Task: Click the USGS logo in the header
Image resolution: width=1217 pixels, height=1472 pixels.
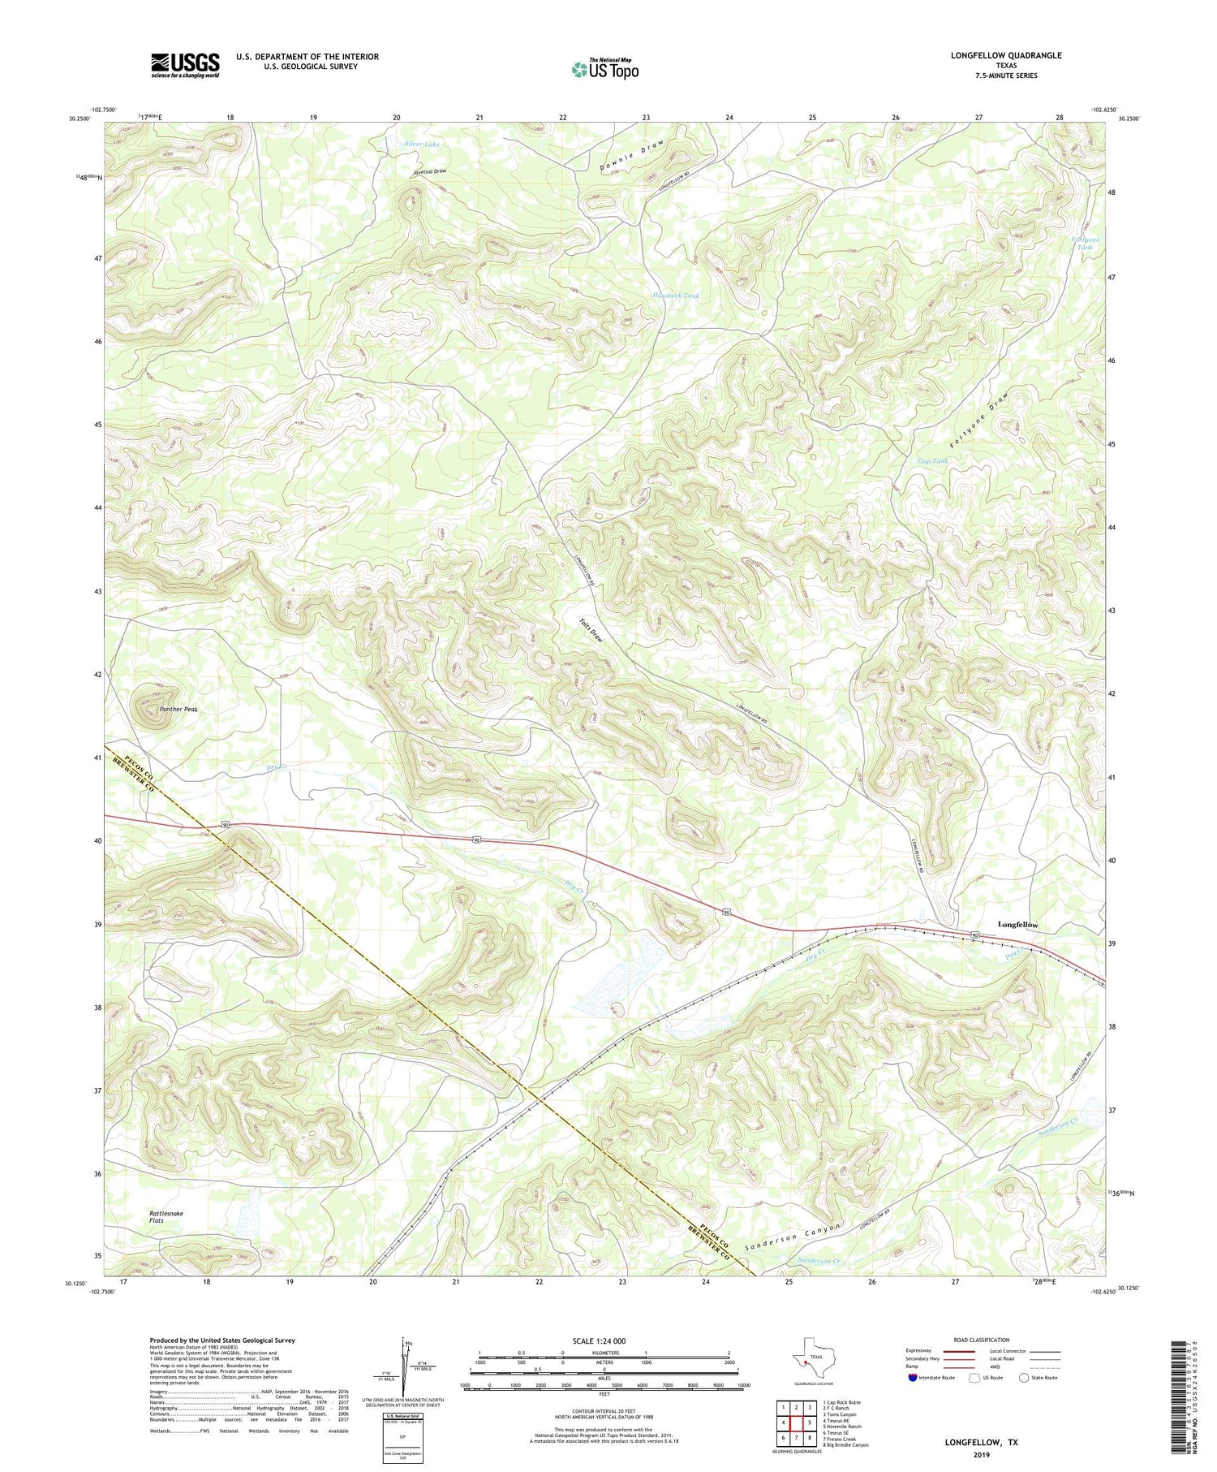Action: [x=185, y=65]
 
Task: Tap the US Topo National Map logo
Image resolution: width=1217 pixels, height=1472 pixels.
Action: [x=604, y=68]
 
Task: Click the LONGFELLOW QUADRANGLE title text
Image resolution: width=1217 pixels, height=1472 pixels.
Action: [x=1006, y=55]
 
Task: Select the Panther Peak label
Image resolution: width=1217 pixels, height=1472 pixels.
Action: [x=178, y=709]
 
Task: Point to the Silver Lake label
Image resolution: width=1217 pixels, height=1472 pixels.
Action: [x=423, y=144]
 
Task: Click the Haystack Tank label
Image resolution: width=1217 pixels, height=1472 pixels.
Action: [x=676, y=296]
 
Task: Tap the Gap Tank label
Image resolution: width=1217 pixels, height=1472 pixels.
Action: [x=932, y=460]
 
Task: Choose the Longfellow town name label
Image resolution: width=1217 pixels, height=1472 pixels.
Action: [x=1017, y=925]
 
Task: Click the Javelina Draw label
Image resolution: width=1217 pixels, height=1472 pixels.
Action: [x=428, y=172]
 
